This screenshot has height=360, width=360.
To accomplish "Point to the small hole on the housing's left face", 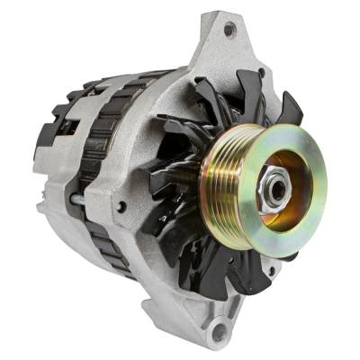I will (121, 207).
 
